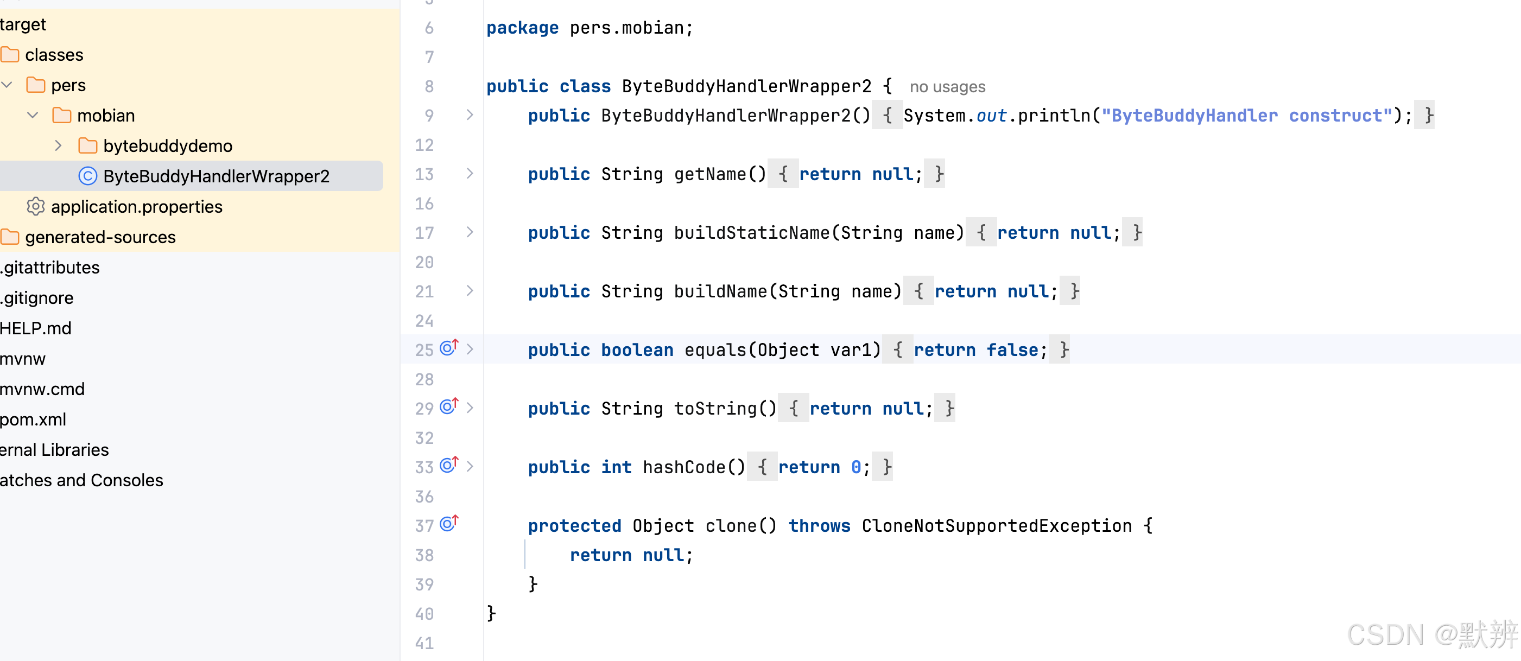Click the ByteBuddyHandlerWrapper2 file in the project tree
[x=216, y=176]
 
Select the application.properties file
[x=136, y=207]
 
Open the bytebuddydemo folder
[x=167, y=146]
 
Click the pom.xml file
[x=33, y=419]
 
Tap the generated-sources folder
[x=100, y=237]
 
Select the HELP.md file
[x=36, y=328]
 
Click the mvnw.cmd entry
[x=42, y=389]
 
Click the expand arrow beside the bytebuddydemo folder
[x=58, y=145]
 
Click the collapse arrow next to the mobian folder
[x=33, y=115]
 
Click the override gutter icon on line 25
[x=449, y=348]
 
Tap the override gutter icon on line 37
[x=449, y=524]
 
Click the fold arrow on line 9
[x=470, y=115]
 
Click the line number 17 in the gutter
[x=424, y=232]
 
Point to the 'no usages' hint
[x=947, y=87]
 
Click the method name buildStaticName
[x=752, y=232]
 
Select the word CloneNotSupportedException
[x=996, y=525]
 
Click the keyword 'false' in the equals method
[x=1012, y=350]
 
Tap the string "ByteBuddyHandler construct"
[x=1246, y=115]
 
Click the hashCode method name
[x=685, y=467]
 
